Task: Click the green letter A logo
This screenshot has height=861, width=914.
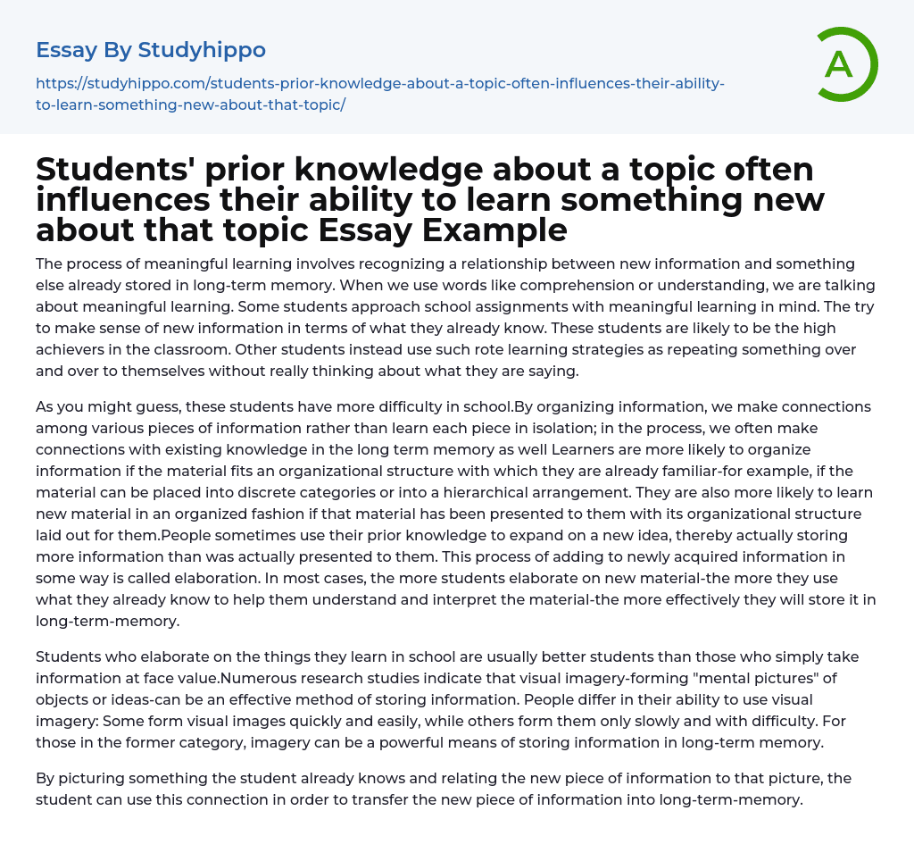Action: pyautogui.click(x=841, y=64)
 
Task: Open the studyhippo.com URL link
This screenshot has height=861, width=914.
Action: pyautogui.click(x=379, y=94)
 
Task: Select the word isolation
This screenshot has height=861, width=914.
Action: pyautogui.click(x=615, y=428)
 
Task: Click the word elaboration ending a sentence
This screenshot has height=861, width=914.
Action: pyautogui.click(x=228, y=578)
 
